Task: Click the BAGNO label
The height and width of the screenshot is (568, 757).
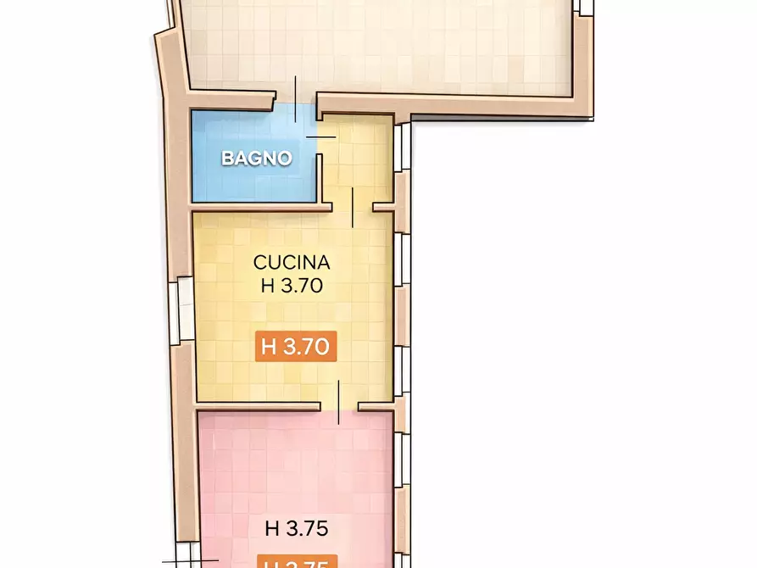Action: point(256,158)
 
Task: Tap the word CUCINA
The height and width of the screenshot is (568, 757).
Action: point(292,262)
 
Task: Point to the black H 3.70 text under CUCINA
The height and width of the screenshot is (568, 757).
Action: point(292,286)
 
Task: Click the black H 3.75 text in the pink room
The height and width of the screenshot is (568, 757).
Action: point(296,528)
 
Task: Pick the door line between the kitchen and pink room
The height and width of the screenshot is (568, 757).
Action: point(339,402)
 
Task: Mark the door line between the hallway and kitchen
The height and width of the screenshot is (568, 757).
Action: point(353,208)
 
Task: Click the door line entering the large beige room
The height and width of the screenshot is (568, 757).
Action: point(296,99)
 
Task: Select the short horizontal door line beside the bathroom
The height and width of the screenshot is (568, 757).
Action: point(320,136)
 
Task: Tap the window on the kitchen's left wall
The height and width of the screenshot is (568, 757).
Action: point(182,311)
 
